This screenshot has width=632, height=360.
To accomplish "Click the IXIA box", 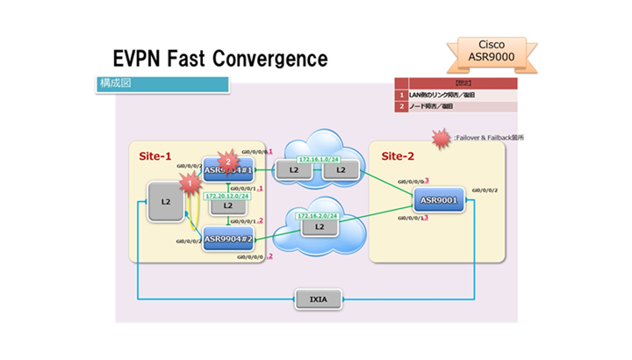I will (x=317, y=300).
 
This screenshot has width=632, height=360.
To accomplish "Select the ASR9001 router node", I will (x=438, y=201).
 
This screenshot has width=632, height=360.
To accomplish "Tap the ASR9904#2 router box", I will (x=229, y=237).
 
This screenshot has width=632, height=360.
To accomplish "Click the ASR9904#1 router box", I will (x=229, y=169).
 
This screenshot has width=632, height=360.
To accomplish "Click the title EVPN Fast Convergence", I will (x=220, y=59).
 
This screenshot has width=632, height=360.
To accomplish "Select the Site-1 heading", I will (x=156, y=155).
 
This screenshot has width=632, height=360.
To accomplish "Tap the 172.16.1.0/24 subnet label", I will (x=317, y=158).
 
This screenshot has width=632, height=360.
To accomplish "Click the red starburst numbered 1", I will (x=187, y=182).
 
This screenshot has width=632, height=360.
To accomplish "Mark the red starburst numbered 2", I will (x=229, y=161).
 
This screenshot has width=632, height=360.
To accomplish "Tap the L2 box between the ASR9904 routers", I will (x=228, y=206).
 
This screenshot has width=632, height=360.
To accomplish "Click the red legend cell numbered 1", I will (x=401, y=94).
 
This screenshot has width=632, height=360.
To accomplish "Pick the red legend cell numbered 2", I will (x=401, y=106).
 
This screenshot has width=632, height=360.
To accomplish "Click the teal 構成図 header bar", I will (x=163, y=85).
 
